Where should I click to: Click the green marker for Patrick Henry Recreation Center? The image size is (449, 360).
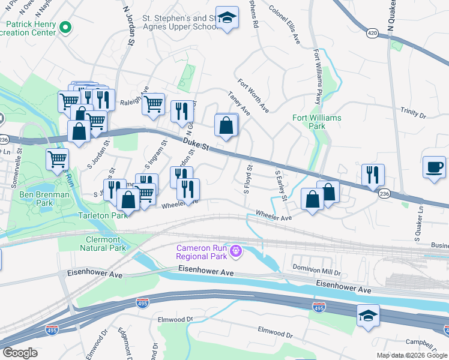[67, 26]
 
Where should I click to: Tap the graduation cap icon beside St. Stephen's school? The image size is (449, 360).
[227, 18]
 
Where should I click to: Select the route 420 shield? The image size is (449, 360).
[373, 33]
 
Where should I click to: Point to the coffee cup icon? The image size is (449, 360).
[434, 167]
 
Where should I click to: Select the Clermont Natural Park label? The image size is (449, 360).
[103, 244]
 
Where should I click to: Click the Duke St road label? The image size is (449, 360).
[195, 143]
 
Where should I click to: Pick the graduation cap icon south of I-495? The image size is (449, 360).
[368, 317]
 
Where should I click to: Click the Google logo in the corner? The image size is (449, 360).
[20, 353]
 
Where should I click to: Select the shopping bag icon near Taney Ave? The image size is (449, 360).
[226, 127]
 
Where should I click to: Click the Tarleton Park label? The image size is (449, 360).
[101, 215]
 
